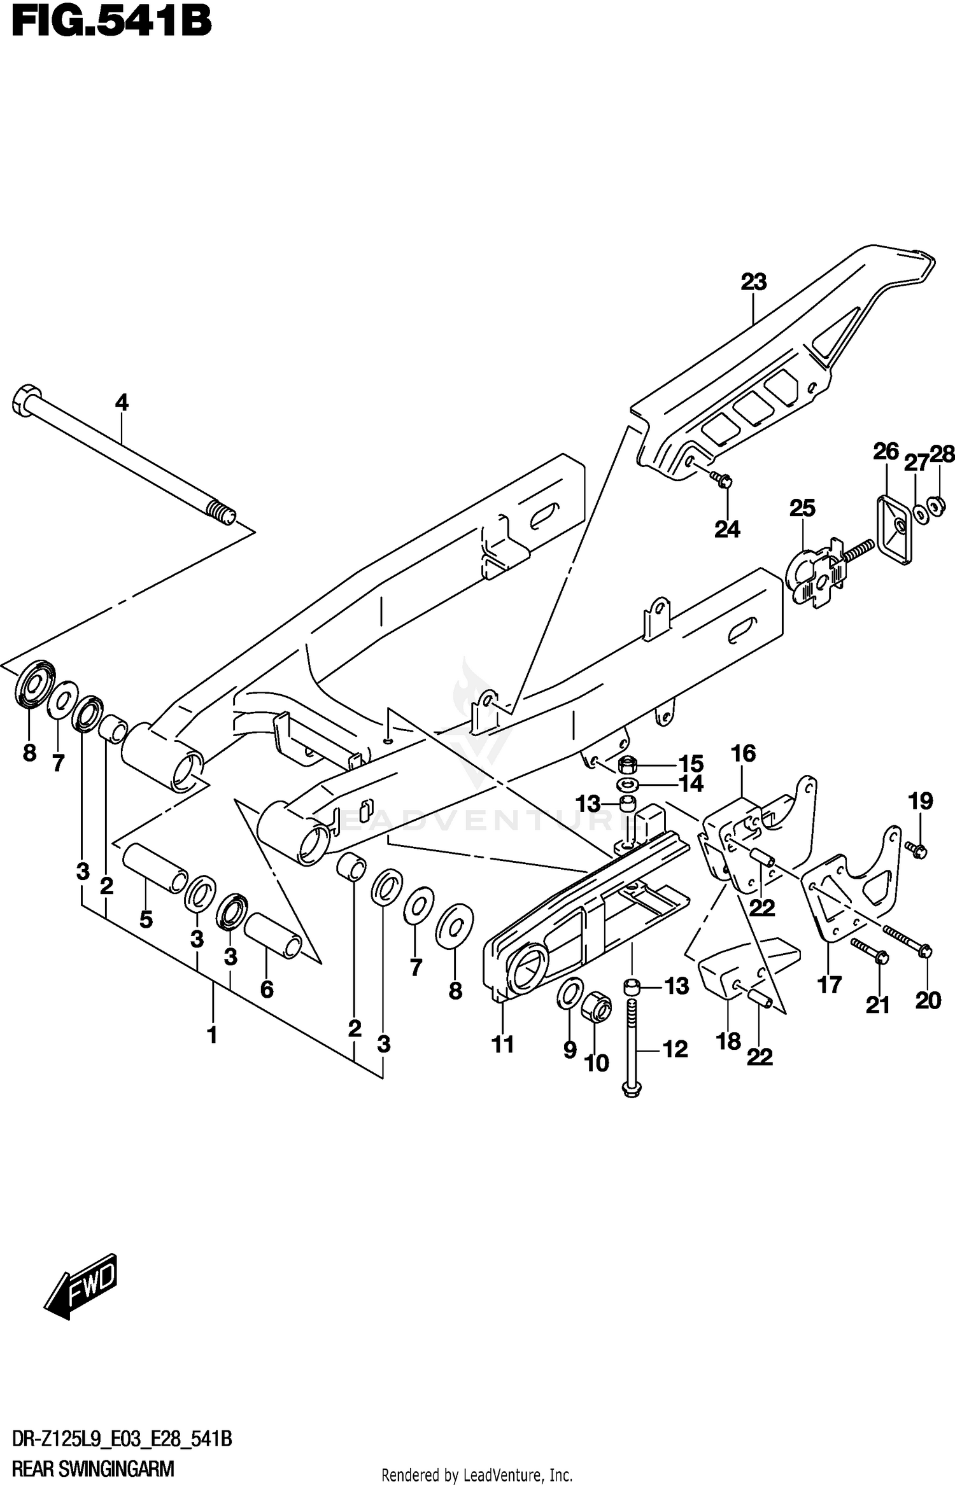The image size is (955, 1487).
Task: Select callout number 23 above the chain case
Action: (x=753, y=282)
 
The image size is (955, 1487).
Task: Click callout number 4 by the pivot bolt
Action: (x=122, y=403)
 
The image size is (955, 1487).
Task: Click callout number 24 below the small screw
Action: (x=727, y=529)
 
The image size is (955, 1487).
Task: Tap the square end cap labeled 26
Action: (x=893, y=529)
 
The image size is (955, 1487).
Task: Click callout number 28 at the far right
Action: (x=942, y=454)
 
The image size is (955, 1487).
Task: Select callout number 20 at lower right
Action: (x=928, y=1001)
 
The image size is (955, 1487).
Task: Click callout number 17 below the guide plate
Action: (x=830, y=986)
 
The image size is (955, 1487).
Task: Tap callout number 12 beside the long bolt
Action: (x=675, y=1049)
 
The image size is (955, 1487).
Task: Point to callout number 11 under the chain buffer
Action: (x=503, y=1044)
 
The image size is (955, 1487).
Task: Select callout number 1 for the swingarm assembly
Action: (x=213, y=1035)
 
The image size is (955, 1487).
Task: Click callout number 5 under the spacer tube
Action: (x=146, y=919)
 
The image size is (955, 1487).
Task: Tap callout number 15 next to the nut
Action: (x=691, y=764)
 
